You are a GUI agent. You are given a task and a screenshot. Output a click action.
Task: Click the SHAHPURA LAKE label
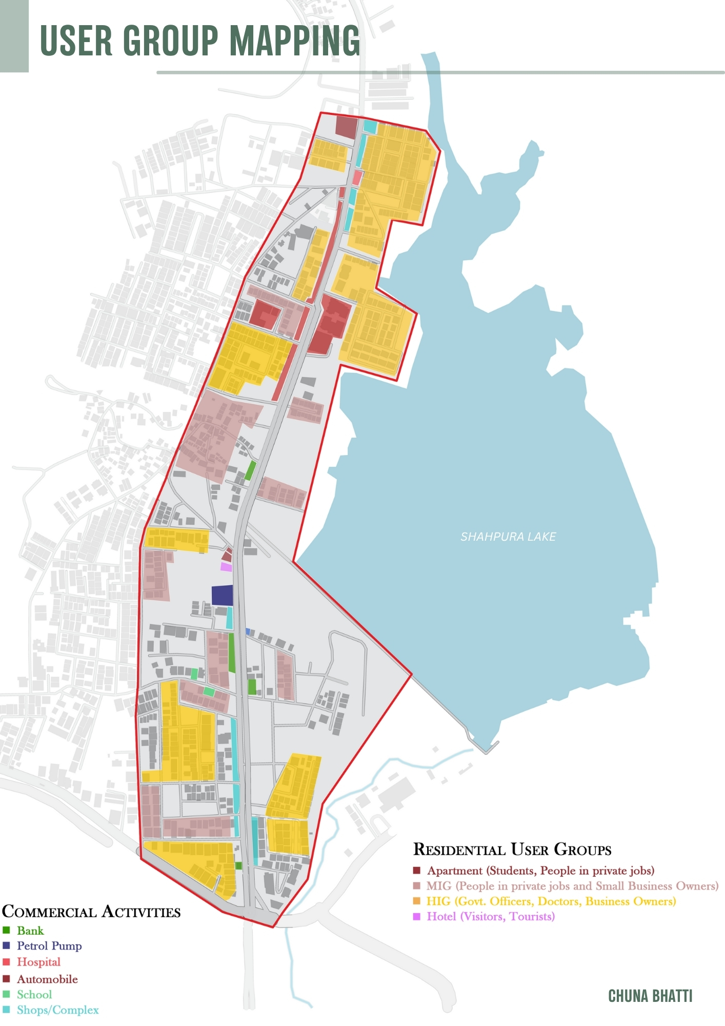pyautogui.click(x=508, y=537)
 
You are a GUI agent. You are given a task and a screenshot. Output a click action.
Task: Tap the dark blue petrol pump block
pyautogui.click(x=223, y=596)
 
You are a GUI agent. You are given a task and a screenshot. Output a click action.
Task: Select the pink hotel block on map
pyautogui.click(x=226, y=567)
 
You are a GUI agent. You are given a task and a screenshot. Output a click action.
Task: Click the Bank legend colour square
pyautogui.click(x=7, y=930)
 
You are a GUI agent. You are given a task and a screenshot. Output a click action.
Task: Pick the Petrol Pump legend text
pyautogui.click(x=49, y=945)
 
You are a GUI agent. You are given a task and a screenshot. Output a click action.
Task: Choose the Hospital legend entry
pyautogui.click(x=38, y=962)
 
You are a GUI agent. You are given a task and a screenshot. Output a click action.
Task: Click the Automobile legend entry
pyautogui.click(x=47, y=979)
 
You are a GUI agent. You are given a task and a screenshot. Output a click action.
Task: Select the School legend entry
pyautogui.click(x=34, y=994)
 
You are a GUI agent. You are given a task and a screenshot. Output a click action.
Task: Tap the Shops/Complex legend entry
pyautogui.click(x=57, y=1010)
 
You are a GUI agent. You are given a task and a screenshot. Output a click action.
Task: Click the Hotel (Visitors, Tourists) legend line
pyautogui.click(x=490, y=916)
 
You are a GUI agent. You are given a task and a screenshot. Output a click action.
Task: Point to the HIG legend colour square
pyautogui.click(x=417, y=901)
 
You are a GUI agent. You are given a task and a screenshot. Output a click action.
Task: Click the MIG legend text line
pyautogui.click(x=572, y=885)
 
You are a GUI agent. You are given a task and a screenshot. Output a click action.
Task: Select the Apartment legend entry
pyautogui.click(x=540, y=871)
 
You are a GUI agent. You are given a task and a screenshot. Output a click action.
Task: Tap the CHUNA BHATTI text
pyautogui.click(x=650, y=996)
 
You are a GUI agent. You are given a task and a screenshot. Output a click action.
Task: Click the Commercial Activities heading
pyautogui.click(x=91, y=912)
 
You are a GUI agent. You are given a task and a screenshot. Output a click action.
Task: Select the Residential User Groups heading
pyautogui.click(x=512, y=850)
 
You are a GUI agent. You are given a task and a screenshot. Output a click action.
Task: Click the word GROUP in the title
pyautogui.click(x=171, y=41)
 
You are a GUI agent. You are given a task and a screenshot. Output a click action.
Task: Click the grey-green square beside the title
pyautogui.click(x=14, y=36)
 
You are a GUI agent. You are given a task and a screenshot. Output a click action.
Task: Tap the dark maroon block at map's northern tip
pyautogui.click(x=347, y=126)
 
